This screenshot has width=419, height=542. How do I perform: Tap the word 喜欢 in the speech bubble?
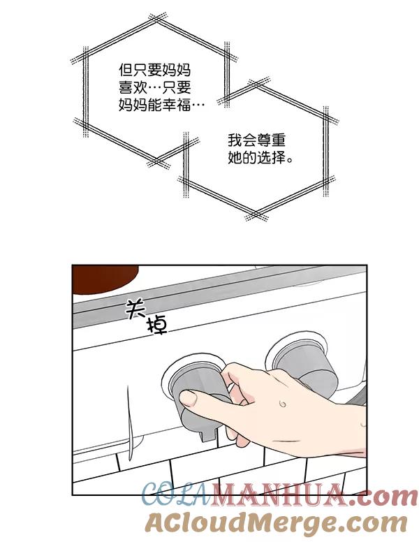coord(133,88)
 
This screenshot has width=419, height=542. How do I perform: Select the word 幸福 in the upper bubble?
coord(177,105)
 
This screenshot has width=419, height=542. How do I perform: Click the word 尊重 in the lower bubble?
coord(271,140)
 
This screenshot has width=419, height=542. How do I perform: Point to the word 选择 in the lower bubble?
coord(271,158)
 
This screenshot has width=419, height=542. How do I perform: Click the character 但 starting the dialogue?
coord(126,71)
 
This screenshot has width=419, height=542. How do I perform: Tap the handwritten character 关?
coord(135,309)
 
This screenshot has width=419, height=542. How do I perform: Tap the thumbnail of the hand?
coord(188,398)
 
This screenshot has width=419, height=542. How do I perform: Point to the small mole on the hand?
coord(283,404)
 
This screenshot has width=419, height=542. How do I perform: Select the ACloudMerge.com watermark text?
coord(276,522)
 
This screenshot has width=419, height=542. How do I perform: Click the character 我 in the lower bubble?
coord(235,140)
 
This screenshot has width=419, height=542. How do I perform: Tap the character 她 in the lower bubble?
coord(235,158)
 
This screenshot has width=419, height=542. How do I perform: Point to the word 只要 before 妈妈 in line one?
coord(147,71)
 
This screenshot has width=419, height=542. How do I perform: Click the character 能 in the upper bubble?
coord(155,105)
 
